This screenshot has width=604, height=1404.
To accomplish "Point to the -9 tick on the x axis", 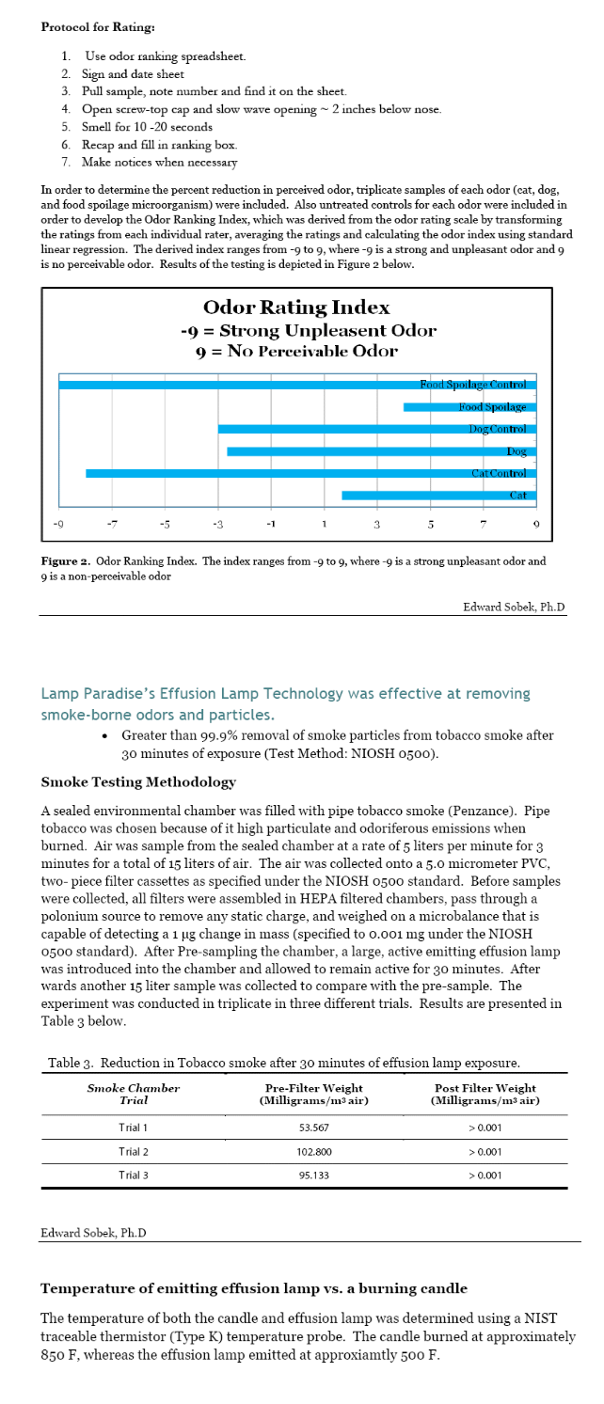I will pyautogui.click(x=58, y=523).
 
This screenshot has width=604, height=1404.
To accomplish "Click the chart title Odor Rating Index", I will pyautogui.click(x=296, y=308).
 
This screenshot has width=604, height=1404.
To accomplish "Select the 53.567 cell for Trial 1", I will pyautogui.click(x=313, y=1128).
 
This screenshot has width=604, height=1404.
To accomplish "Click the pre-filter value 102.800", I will pyautogui.click(x=313, y=1151).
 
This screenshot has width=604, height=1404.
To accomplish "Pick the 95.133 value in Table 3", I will pyautogui.click(x=313, y=1175).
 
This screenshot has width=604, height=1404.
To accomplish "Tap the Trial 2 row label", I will pyautogui.click(x=134, y=1151).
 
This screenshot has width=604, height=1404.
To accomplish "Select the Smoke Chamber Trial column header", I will pyautogui.click(x=134, y=1094).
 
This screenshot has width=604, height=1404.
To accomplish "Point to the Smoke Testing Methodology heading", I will pyautogui.click(x=138, y=782).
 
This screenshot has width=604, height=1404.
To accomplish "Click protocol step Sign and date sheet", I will pyautogui.click(x=135, y=74).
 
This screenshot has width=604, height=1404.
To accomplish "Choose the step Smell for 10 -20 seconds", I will pyautogui.click(x=146, y=126).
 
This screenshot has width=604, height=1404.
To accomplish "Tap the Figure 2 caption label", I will pyautogui.click(x=65, y=561).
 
